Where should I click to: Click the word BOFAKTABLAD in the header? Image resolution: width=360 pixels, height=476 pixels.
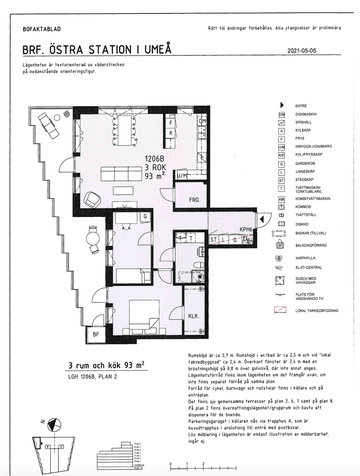(41, 29)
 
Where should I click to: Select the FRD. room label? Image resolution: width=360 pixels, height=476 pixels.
(194, 200)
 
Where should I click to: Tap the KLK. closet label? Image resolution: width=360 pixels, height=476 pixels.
(193, 317)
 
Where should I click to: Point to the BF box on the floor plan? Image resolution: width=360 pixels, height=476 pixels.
(96, 335)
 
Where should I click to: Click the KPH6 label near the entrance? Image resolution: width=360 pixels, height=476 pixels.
(246, 229)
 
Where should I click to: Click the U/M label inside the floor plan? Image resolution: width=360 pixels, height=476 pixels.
(182, 176)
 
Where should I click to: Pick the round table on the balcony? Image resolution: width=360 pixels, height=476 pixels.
(93, 238)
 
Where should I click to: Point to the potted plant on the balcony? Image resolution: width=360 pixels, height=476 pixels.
(66, 114)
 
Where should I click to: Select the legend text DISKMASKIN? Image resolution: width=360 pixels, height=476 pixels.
(306, 114)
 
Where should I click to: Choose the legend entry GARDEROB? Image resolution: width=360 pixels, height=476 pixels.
(304, 163)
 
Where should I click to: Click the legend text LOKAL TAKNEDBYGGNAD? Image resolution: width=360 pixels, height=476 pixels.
(317, 310)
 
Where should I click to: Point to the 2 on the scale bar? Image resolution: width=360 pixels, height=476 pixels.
(203, 464)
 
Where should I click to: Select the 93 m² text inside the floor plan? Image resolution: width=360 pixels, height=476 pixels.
(154, 176)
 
